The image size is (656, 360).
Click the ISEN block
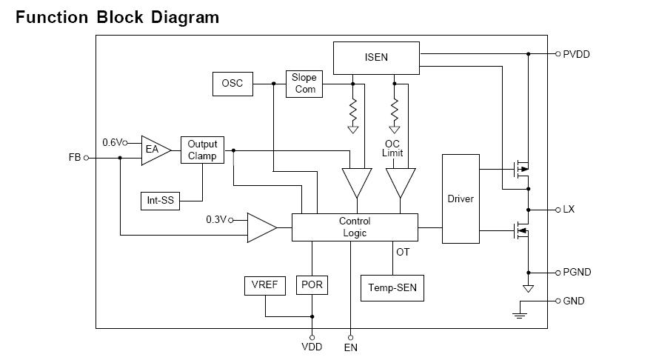tap(376, 58)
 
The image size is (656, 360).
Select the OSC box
tap(232, 84)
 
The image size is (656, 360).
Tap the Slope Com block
tap(304, 83)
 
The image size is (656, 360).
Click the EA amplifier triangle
tap(154, 150)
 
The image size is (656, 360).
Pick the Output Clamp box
tap(202, 150)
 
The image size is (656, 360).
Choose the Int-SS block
tap(161, 201)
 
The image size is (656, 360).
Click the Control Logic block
tap(355, 227)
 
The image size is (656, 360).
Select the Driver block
tap(461, 199)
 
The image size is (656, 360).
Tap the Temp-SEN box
tap(392, 288)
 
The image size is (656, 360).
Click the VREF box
tap(264, 285)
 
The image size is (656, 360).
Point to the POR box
tap(312, 285)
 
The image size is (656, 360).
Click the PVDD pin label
tap(577, 54)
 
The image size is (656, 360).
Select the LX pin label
tap(569, 210)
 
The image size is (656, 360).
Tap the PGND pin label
tap(577, 272)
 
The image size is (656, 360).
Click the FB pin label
tap(74, 158)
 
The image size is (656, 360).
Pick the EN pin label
tap(351, 347)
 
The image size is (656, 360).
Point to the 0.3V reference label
tap(216, 219)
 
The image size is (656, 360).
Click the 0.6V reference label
tap(113, 142)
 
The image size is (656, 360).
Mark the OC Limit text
tap(393, 148)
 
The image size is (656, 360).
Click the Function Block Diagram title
tap(117, 17)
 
